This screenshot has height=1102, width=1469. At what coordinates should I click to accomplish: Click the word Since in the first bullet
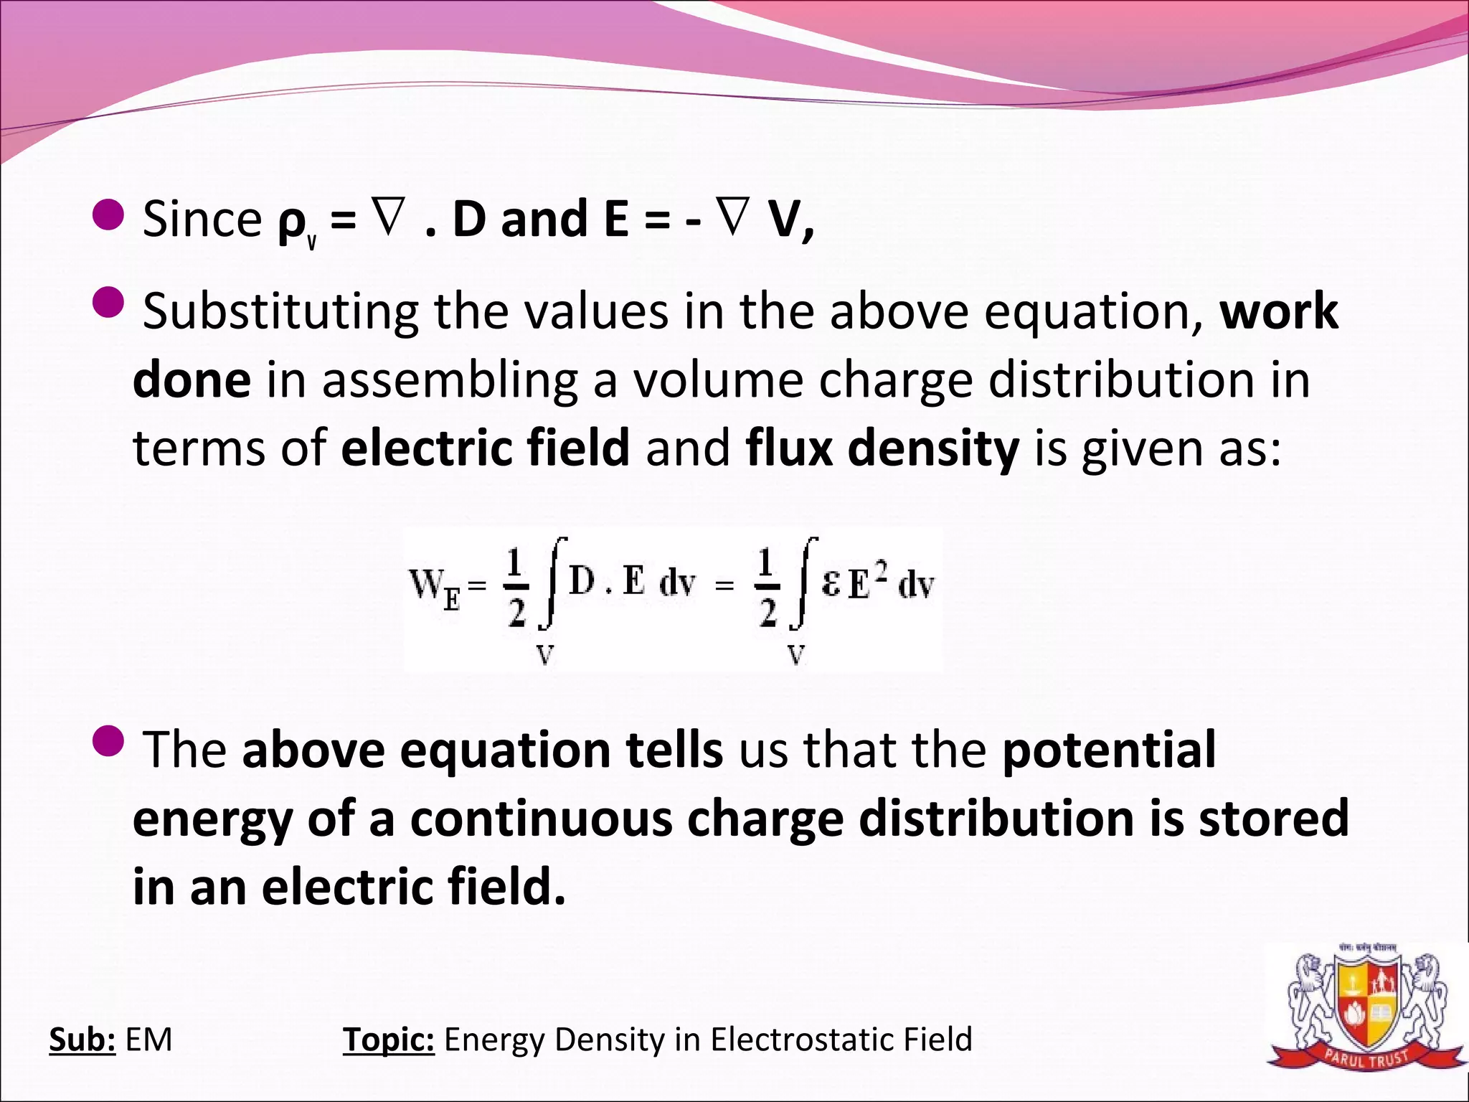202,220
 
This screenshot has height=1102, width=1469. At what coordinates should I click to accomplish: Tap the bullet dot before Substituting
109,301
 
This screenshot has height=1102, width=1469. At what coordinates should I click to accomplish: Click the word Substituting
280,313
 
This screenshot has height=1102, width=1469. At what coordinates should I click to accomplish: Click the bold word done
192,380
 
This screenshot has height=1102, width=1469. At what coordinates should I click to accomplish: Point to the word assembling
449,380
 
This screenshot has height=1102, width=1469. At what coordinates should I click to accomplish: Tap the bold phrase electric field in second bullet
486,447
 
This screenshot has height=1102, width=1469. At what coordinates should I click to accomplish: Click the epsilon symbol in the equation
831,584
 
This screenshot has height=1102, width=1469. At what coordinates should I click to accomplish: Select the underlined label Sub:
82,1040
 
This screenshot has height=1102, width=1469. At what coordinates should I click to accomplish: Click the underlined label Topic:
388,1040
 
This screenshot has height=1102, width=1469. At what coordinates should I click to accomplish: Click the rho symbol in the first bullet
292,224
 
